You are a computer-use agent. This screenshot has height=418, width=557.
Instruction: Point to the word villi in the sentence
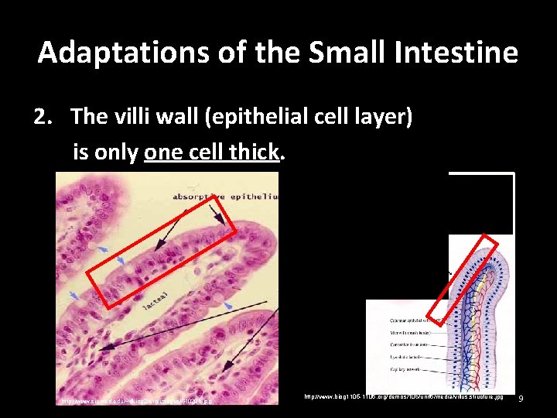pos(145,117)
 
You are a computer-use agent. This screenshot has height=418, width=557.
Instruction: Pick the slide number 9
pos(521,399)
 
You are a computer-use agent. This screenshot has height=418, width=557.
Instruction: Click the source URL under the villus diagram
pos(403,396)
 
